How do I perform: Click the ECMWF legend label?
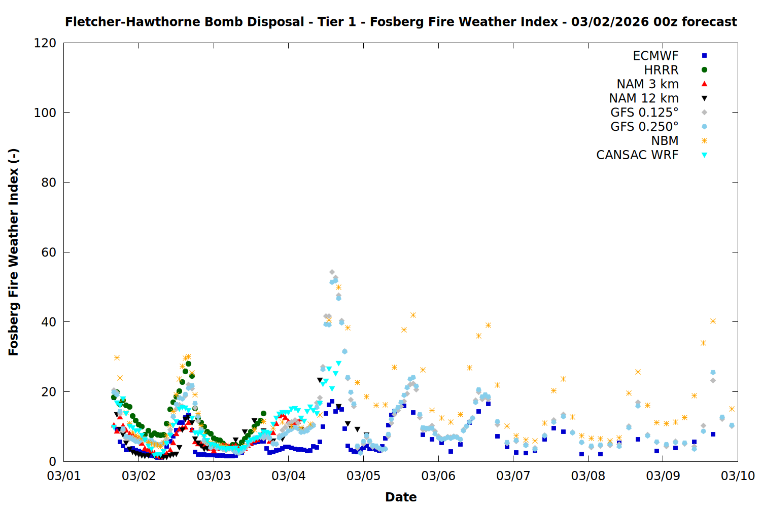click(x=655, y=56)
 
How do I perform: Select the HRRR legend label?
click(x=661, y=70)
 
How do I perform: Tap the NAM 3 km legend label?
click(x=647, y=84)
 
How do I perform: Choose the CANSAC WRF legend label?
click(x=637, y=155)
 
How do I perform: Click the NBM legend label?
click(x=665, y=141)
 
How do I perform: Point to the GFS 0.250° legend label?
click(x=644, y=127)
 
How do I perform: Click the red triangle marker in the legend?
click(x=704, y=84)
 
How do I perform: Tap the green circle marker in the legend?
click(x=704, y=70)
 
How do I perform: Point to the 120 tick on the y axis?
click(x=45, y=43)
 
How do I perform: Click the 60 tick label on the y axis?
click(x=49, y=252)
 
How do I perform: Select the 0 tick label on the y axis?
click(x=53, y=462)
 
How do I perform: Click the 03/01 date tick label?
click(x=64, y=476)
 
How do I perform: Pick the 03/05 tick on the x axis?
click(x=363, y=476)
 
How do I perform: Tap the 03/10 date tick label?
click(x=738, y=476)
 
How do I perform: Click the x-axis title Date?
click(x=401, y=497)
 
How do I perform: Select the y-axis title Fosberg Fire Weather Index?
click(x=14, y=252)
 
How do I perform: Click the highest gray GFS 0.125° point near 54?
click(x=332, y=272)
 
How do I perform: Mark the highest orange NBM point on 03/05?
click(x=413, y=315)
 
